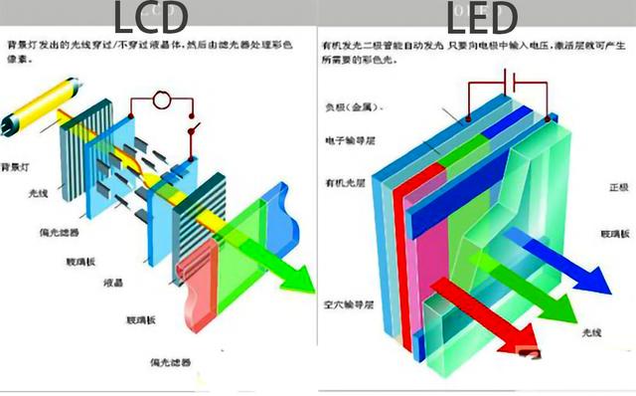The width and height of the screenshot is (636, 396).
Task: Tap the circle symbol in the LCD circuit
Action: click(x=160, y=100)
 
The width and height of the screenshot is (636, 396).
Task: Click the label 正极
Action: click(x=618, y=187)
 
